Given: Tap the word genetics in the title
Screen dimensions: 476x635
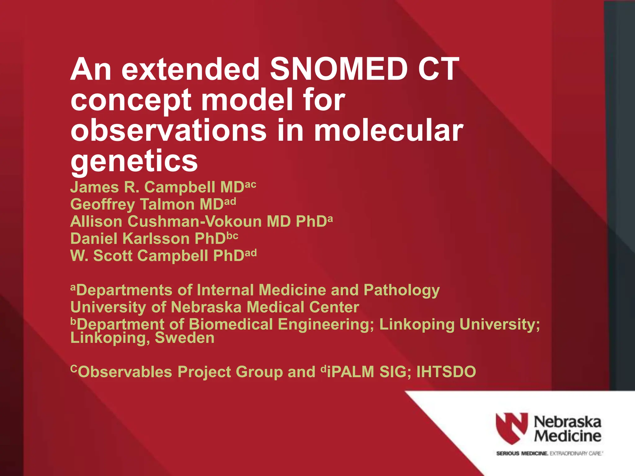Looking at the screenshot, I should coord(134,161).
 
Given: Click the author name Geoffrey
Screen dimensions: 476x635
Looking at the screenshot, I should coord(102,205).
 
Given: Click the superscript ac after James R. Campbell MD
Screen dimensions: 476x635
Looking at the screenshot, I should coord(251,185).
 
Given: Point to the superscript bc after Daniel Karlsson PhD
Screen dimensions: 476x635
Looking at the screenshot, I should coord(232,236).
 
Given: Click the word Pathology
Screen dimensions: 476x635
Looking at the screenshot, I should coord(402,291).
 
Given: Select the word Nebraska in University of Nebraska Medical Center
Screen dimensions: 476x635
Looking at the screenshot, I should coord(206,307).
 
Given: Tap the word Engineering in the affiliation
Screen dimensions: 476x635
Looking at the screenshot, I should coord(326,325).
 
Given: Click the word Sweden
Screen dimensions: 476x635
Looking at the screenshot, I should coord(184,338).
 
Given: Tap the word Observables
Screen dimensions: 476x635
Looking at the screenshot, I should coord(124,372).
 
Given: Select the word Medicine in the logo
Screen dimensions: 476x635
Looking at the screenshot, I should coord(567,436).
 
